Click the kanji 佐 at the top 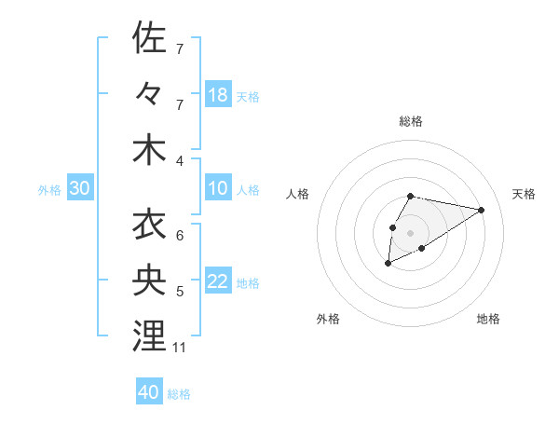[x=149, y=38]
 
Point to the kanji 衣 [x=149, y=224]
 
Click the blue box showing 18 [x=218, y=94]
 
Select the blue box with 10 [x=218, y=188]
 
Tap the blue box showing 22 [x=218, y=281]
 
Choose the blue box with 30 [x=80, y=188]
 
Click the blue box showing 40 [x=149, y=392]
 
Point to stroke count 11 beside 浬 [x=180, y=348]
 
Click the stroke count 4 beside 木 [x=179, y=161]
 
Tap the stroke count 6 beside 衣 [x=179, y=236]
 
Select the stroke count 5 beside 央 [x=179, y=292]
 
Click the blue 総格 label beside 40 [x=179, y=394]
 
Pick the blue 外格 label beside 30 [x=49, y=190]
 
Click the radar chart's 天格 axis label [x=525, y=194]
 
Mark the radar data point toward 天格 [x=481, y=210]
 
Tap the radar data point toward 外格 [x=388, y=265]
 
